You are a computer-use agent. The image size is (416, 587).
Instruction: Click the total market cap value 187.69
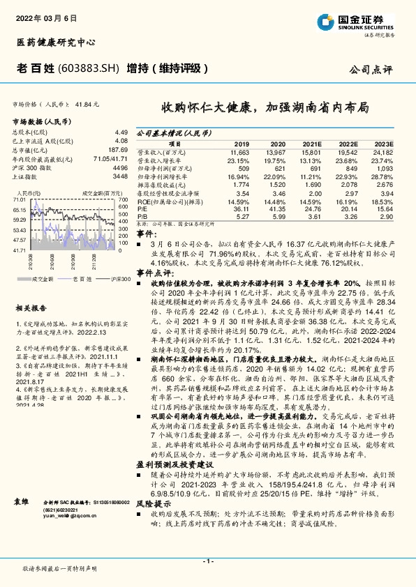click(117, 149)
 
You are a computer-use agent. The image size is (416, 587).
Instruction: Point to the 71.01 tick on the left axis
click(19, 199)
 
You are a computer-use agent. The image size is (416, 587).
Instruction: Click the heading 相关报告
click(31, 307)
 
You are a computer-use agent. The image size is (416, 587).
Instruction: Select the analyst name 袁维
click(22, 501)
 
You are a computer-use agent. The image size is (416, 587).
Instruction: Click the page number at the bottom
click(207, 562)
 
